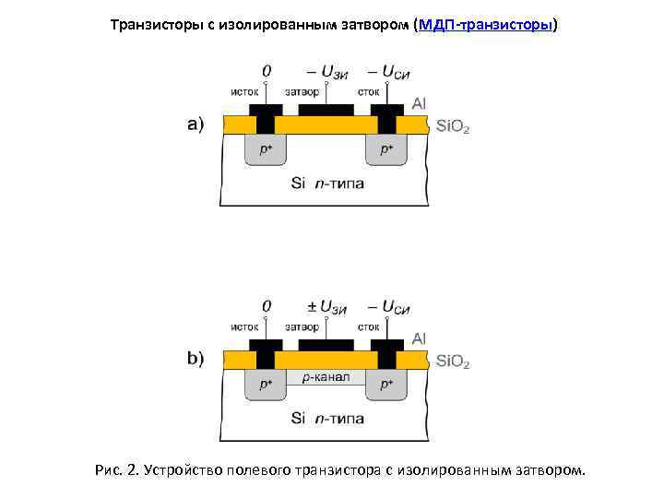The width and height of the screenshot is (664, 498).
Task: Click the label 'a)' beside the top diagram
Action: [196, 125]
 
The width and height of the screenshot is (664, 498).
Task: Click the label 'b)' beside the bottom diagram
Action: [196, 360]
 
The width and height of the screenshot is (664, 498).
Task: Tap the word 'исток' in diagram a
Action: [244, 91]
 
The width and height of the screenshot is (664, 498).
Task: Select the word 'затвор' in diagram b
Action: [302, 326]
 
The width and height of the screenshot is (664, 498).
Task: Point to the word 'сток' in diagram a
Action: [369, 91]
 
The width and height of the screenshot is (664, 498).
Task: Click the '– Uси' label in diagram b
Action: [388, 305]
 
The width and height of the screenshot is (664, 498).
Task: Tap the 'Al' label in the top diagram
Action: [419, 103]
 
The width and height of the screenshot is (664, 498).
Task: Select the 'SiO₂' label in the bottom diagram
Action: [452, 362]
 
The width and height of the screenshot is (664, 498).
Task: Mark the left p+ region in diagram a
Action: [266, 148]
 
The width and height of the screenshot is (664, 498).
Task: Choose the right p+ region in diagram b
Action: [387, 384]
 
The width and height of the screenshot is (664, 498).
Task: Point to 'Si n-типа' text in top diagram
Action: [326, 183]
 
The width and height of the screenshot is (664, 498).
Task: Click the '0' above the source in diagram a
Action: [267, 70]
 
